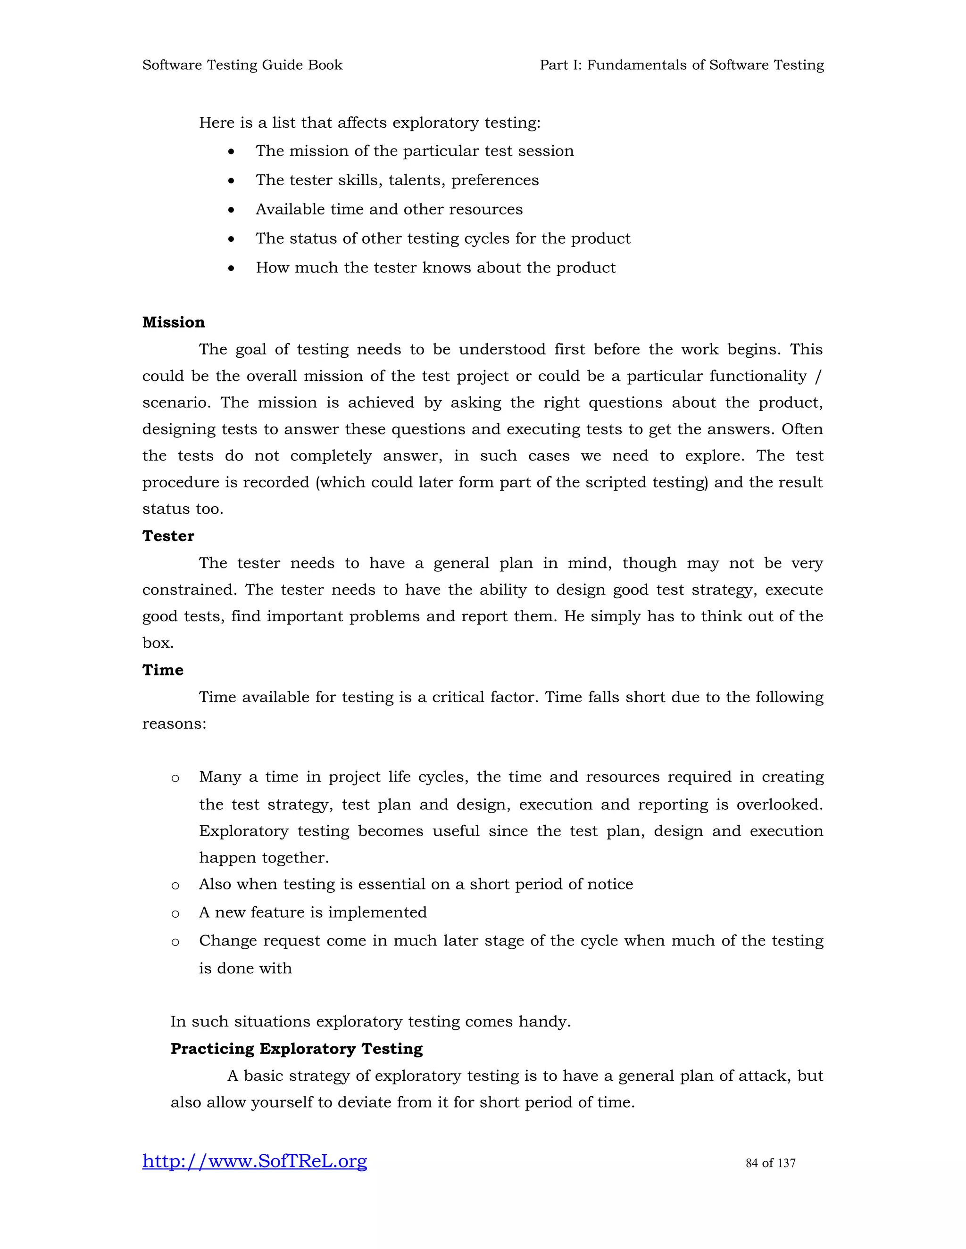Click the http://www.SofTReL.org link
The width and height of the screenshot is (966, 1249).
pyautogui.click(x=255, y=1161)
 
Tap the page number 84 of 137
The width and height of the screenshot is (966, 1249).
pyautogui.click(x=770, y=1163)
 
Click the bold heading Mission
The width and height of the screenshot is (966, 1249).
pyautogui.click(x=174, y=322)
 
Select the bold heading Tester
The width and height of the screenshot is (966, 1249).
pyautogui.click(x=168, y=536)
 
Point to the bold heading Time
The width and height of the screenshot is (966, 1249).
pyautogui.click(x=163, y=670)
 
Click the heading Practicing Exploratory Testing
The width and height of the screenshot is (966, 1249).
pyautogui.click(x=296, y=1049)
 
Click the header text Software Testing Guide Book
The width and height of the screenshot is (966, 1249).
pyautogui.click(x=242, y=65)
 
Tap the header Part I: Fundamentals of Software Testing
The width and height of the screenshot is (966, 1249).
pyautogui.click(x=682, y=65)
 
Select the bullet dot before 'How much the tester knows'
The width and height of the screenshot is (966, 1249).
pyautogui.click(x=231, y=269)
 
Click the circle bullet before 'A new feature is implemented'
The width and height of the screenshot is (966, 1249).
pyautogui.click(x=175, y=914)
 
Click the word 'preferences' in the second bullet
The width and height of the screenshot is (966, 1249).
pyautogui.click(x=495, y=181)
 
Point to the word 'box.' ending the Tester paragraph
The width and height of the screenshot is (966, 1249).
pyautogui.click(x=158, y=643)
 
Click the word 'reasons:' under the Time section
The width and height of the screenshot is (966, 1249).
pyautogui.click(x=174, y=724)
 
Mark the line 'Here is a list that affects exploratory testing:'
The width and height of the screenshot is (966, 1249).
pyautogui.click(x=370, y=123)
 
